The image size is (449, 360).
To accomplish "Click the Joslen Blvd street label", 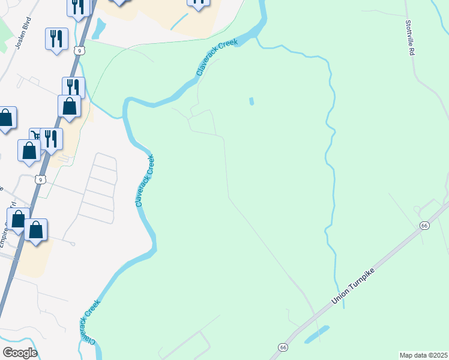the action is click(x=24, y=37).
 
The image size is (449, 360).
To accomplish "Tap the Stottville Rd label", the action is click(x=411, y=38).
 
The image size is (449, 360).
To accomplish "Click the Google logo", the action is click(x=20, y=353).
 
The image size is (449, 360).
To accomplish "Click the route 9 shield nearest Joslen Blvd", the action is click(x=79, y=51).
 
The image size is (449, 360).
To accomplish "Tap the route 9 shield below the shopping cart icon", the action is click(x=40, y=179).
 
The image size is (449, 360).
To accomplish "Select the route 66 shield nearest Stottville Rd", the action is click(x=424, y=225).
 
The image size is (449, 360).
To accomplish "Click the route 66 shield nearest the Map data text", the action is click(x=283, y=347).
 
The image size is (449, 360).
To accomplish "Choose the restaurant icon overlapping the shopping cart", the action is click(x=51, y=139).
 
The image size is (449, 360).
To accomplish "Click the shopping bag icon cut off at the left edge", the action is click(x=6, y=118).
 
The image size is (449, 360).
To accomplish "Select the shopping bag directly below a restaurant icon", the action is click(x=70, y=106).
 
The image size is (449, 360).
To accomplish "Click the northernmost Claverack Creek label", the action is click(x=217, y=58).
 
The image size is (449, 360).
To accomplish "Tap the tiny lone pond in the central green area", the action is click(x=251, y=101).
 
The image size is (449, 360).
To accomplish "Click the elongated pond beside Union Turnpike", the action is click(x=316, y=335).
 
